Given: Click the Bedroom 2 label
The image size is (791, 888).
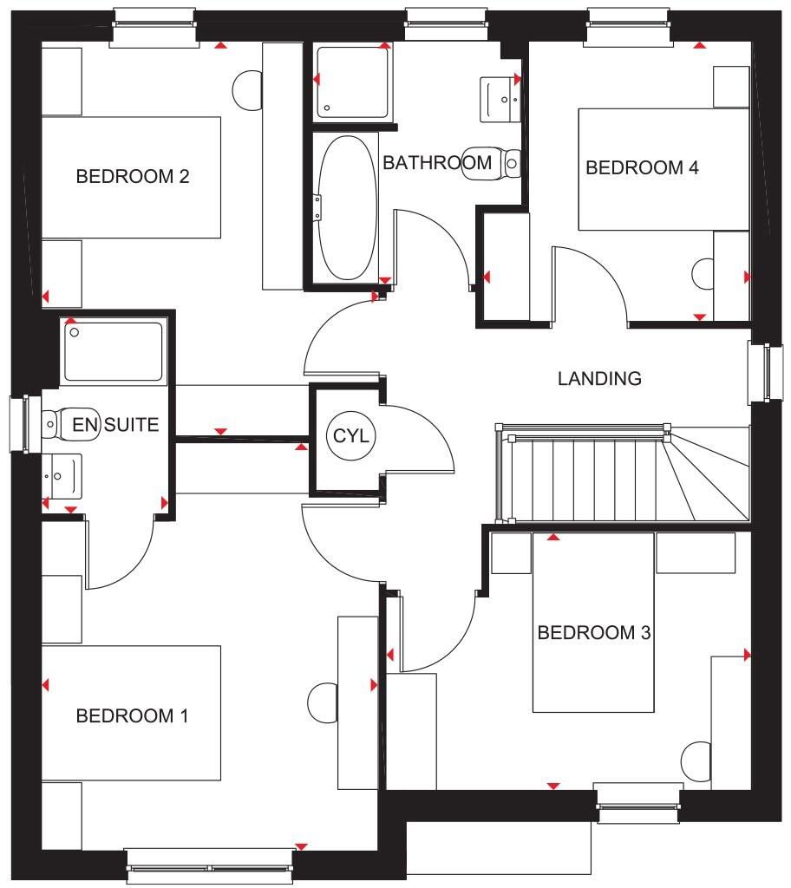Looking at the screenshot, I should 133,177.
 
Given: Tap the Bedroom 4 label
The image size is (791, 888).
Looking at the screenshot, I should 642,167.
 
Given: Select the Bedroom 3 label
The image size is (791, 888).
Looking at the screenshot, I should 594,633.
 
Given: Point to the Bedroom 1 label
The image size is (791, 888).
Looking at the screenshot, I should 133,716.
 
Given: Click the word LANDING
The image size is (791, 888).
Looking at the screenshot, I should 599,378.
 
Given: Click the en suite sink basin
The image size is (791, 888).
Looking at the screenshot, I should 62,475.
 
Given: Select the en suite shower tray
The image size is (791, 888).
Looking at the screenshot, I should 114,351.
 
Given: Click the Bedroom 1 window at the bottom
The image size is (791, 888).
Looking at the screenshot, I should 211,865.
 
